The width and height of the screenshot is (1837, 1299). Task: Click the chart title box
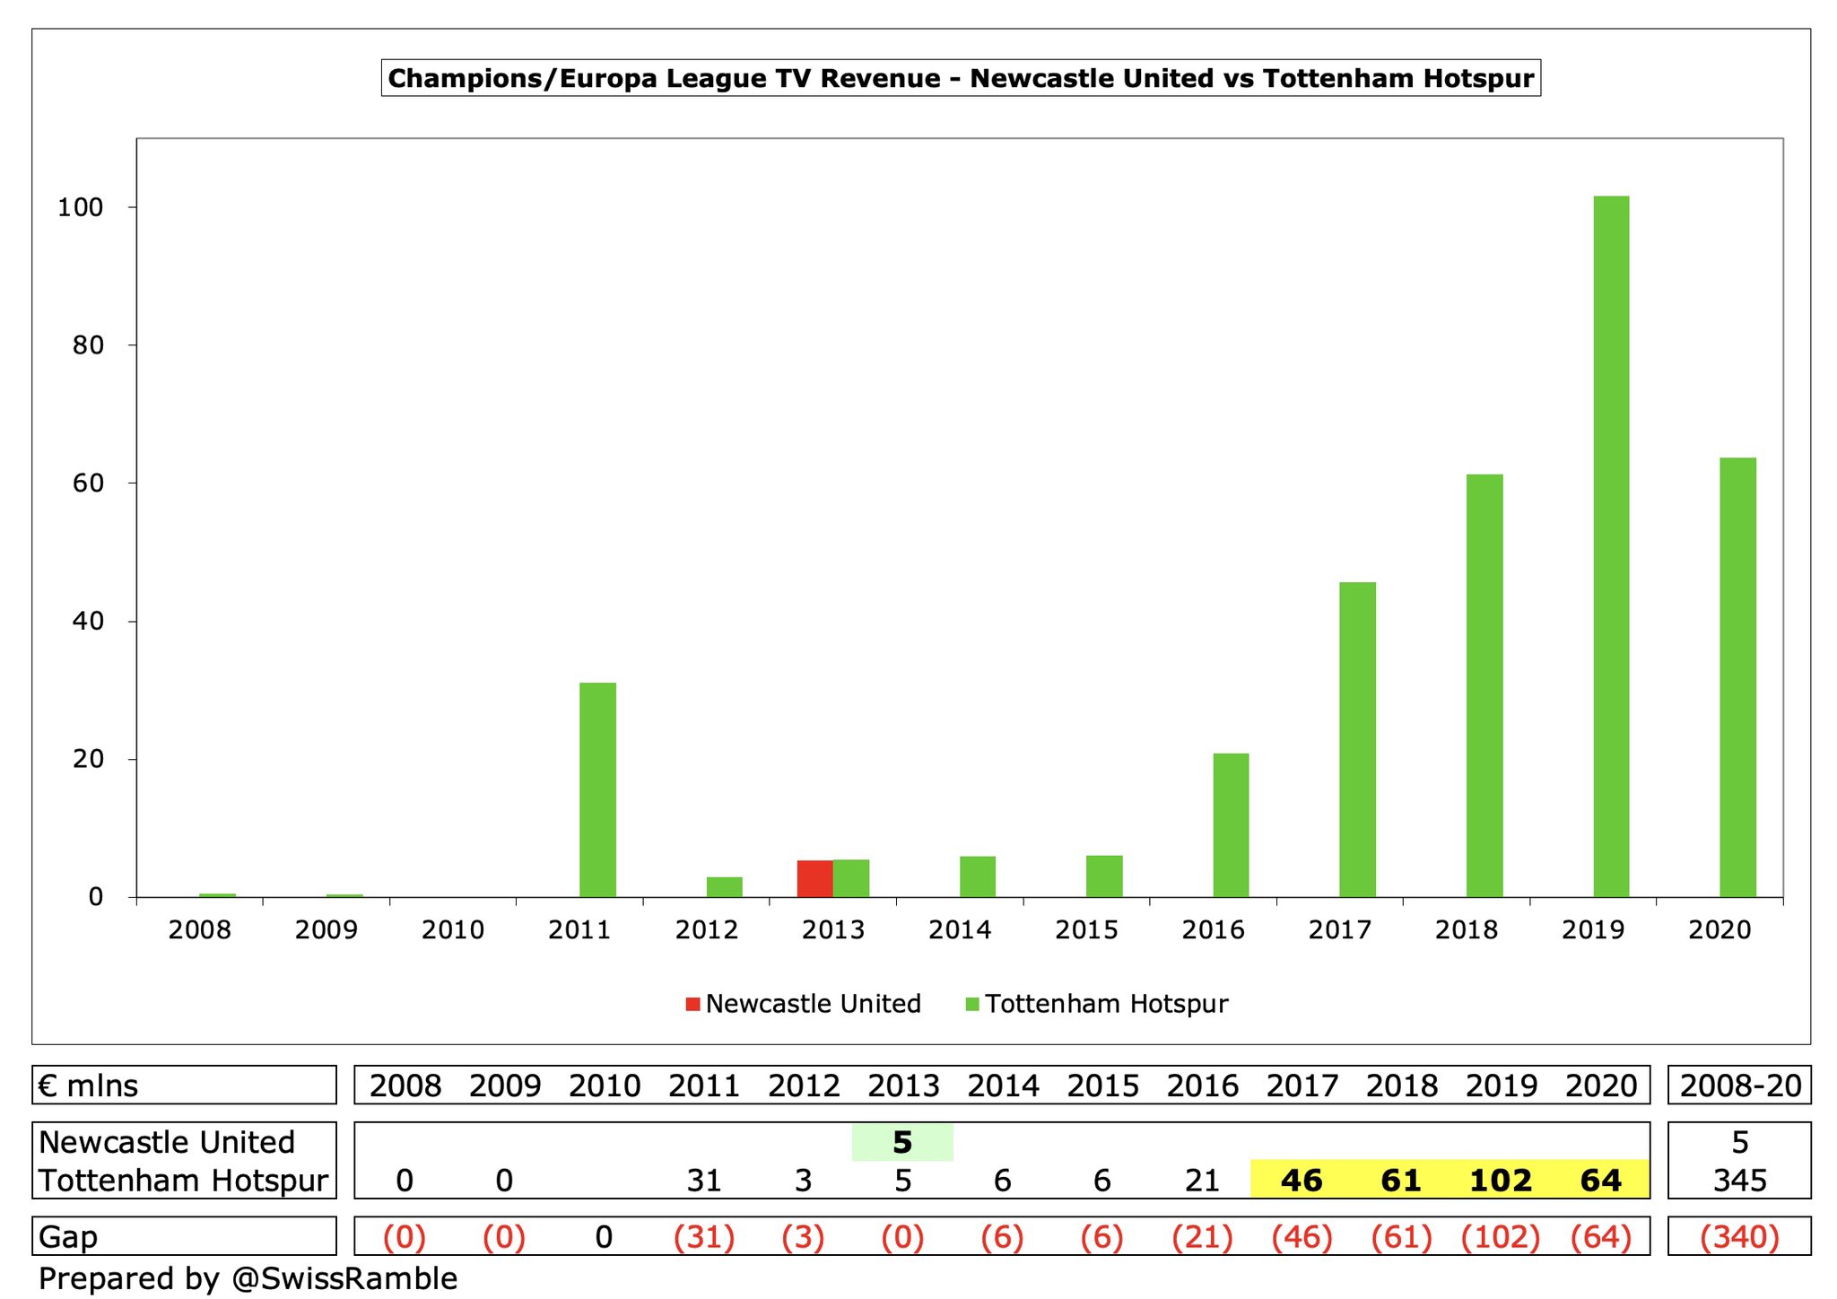[x=961, y=78]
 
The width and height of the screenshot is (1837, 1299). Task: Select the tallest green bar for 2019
[x=1611, y=546]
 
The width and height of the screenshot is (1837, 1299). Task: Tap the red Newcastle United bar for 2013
[x=814, y=878]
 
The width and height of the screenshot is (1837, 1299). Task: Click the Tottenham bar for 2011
[x=597, y=789]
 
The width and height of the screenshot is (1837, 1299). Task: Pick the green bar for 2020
[x=1737, y=677]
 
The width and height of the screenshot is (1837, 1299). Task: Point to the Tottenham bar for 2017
[x=1357, y=739]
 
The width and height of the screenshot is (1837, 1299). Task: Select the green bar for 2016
[x=1231, y=825]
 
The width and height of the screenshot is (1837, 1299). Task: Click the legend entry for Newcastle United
[x=804, y=1003]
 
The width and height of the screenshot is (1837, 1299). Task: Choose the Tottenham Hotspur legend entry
[x=1096, y=1003]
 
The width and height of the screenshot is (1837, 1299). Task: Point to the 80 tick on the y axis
[x=88, y=345]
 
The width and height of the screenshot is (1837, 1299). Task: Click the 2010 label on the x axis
[x=453, y=929]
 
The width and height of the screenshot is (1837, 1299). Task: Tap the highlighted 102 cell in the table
[x=1501, y=1180]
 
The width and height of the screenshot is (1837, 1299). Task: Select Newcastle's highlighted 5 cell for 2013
[x=902, y=1142]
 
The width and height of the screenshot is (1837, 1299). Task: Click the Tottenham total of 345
[x=1739, y=1180]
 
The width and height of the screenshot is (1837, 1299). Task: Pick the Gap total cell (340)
[x=1739, y=1237]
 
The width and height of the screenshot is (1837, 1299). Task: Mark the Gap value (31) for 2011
[x=704, y=1237]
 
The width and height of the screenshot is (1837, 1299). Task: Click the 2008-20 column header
[x=1739, y=1085]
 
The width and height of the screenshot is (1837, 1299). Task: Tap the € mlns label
[x=89, y=1085]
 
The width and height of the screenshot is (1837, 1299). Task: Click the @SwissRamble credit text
[x=344, y=1278]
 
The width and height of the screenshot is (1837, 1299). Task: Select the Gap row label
[x=68, y=1237]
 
